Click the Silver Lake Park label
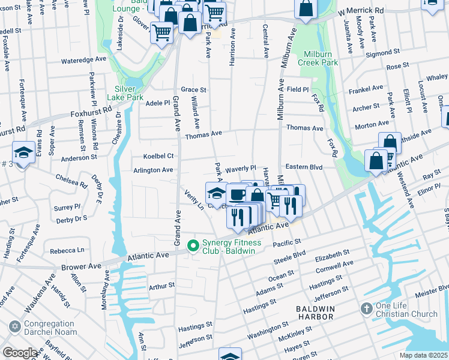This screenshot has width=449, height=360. point(125,92)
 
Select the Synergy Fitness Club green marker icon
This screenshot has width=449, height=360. point(193,245)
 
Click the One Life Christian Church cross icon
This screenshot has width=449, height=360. point(366,309)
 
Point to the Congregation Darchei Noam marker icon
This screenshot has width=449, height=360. point(14,327)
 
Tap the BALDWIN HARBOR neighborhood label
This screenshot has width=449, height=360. point(319,308)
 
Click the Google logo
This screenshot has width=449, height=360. point(20,353)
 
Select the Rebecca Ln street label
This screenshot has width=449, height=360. point(67,250)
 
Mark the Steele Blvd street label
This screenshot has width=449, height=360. point(290,257)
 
